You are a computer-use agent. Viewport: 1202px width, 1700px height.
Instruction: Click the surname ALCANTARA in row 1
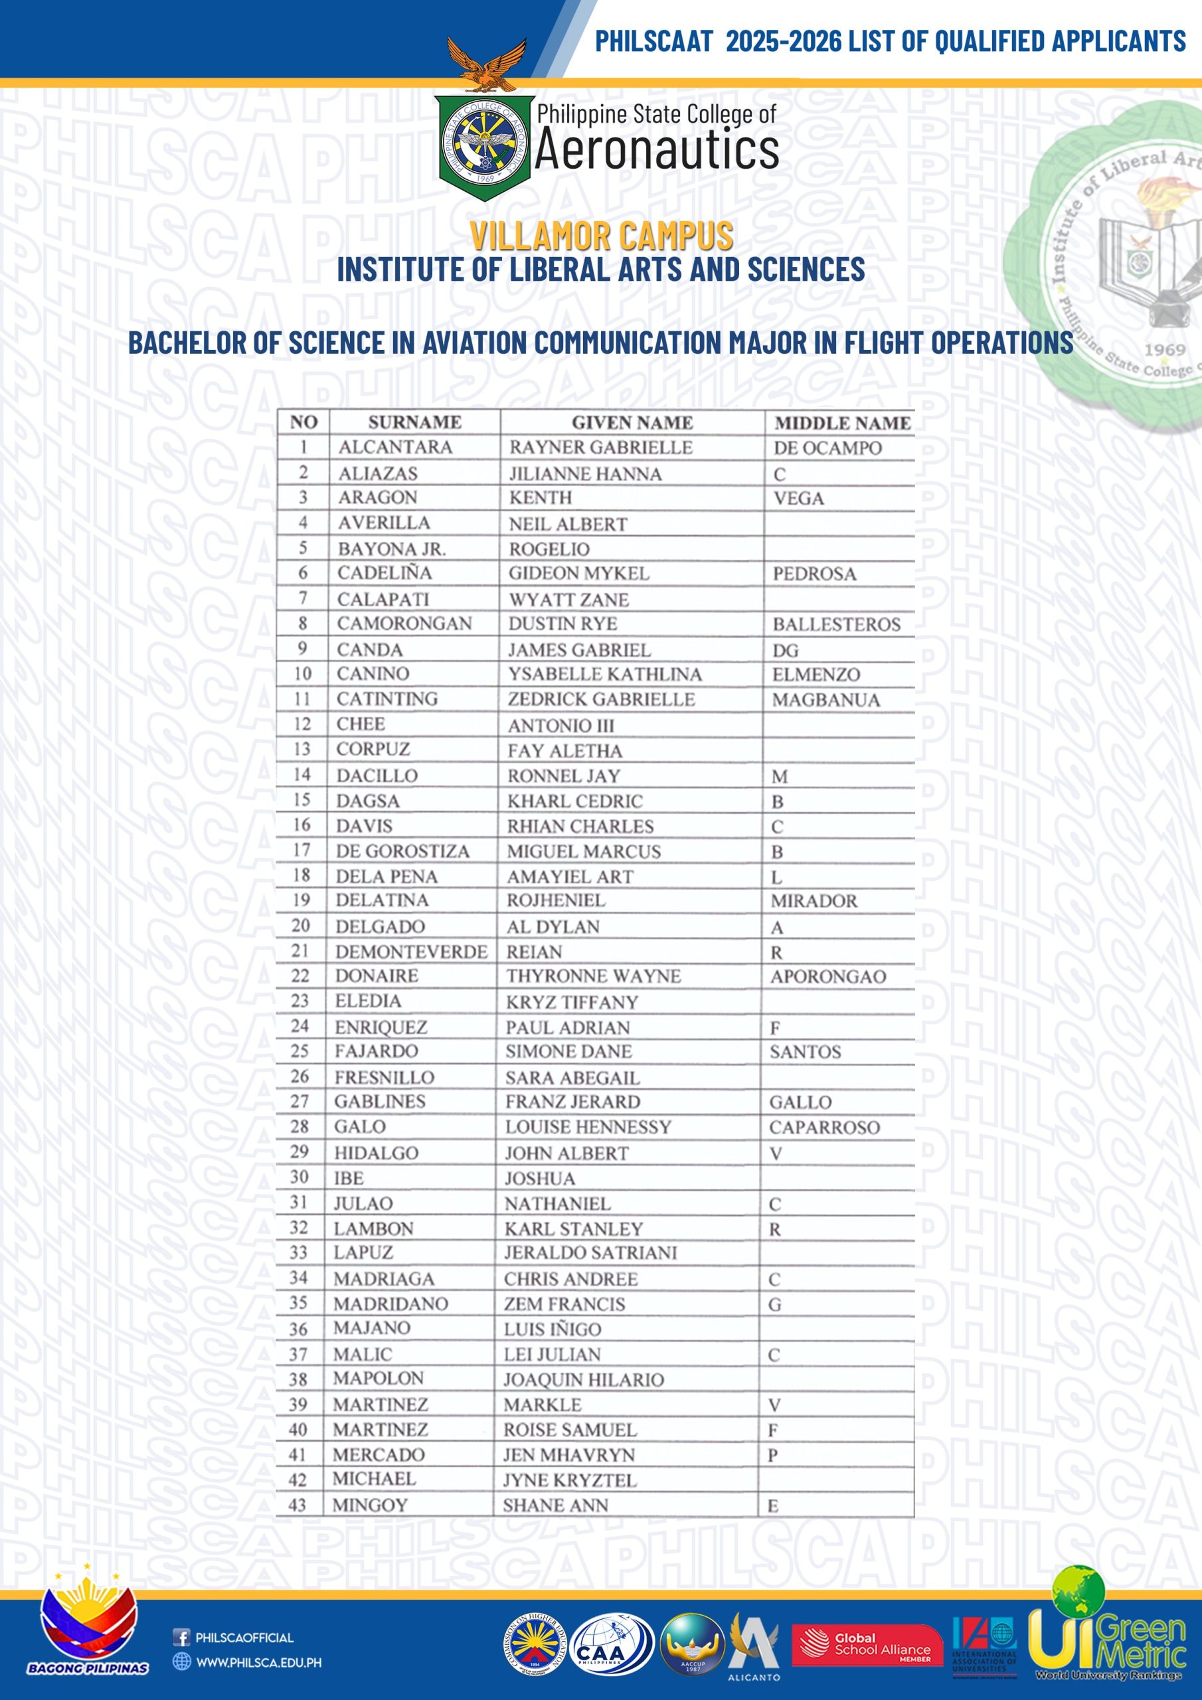tap(394, 447)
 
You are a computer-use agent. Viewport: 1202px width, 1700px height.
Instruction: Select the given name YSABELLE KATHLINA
tap(604, 674)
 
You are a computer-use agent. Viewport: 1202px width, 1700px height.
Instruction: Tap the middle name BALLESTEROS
tap(836, 624)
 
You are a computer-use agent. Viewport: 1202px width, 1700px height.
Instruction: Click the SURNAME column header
tap(414, 422)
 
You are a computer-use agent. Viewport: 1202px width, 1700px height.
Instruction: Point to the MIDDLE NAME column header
tap(842, 423)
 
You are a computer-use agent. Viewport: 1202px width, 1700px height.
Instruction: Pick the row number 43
tap(297, 1505)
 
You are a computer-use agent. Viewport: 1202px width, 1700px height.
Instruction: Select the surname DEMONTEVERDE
tap(411, 952)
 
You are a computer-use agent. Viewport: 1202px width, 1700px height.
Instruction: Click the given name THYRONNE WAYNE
tap(593, 976)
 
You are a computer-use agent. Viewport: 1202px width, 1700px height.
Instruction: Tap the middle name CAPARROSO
tap(824, 1127)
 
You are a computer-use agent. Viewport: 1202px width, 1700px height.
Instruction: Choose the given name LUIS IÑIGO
tap(553, 1329)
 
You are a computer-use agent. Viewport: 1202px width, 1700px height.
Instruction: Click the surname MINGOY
tap(369, 1505)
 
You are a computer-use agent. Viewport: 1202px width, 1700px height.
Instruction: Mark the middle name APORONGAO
tap(828, 976)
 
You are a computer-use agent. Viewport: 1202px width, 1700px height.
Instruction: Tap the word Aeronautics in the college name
tap(656, 150)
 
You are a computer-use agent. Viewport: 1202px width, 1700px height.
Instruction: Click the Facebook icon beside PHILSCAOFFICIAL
tap(181, 1637)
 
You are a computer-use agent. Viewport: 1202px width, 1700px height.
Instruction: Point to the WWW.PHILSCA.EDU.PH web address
tap(258, 1662)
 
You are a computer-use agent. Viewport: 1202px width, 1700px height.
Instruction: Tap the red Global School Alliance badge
tap(867, 1645)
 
